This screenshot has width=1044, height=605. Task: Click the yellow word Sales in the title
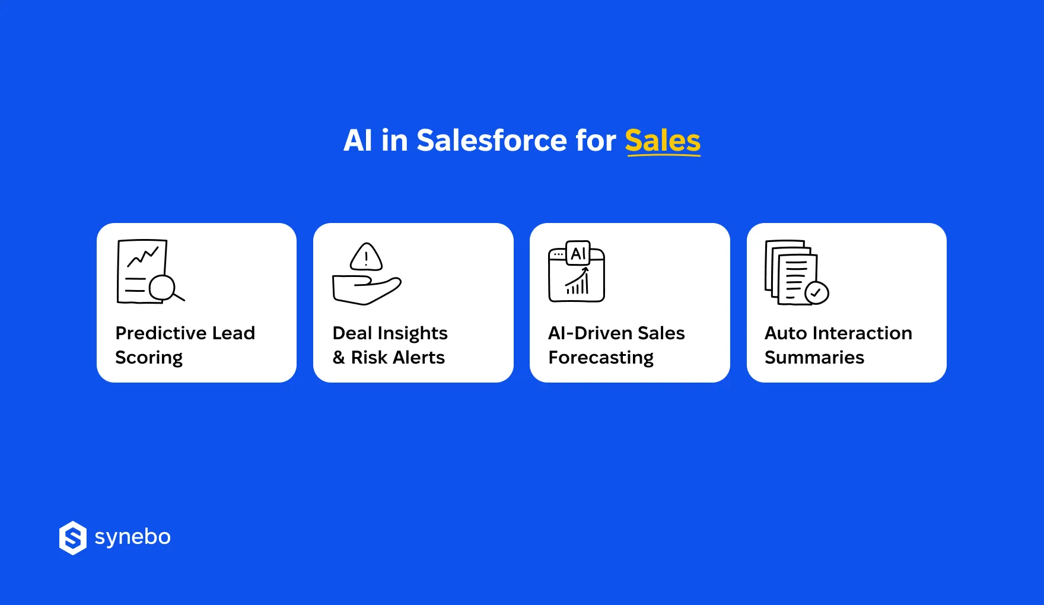click(663, 141)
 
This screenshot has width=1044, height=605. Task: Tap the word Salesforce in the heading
click(492, 141)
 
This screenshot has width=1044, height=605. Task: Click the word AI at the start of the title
click(358, 141)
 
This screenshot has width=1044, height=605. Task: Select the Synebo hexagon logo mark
click(73, 538)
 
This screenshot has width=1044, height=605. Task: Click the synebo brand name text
click(133, 537)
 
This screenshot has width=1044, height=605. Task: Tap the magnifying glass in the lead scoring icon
click(163, 288)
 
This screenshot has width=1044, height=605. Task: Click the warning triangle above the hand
click(366, 257)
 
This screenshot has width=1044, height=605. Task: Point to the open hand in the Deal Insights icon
click(365, 289)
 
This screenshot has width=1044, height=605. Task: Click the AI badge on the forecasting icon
click(578, 254)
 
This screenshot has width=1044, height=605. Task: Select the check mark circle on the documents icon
click(817, 292)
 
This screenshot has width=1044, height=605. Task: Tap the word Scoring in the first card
click(149, 358)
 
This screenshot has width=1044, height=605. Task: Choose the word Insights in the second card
click(412, 333)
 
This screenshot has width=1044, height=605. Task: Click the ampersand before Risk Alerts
click(339, 358)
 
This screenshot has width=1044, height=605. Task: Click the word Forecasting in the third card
click(601, 358)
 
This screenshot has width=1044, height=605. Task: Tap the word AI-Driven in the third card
click(587, 333)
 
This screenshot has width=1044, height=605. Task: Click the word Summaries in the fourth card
click(814, 358)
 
